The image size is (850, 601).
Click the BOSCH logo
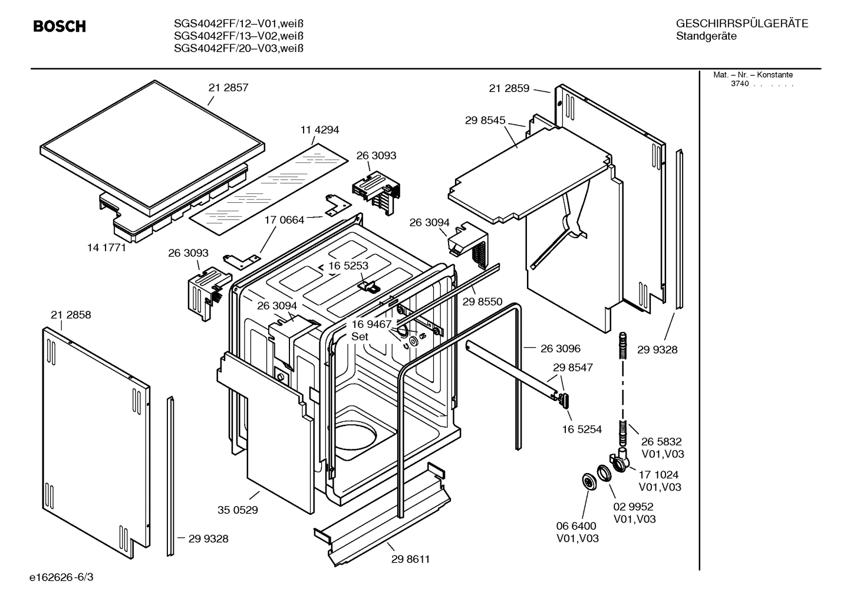(x=60, y=27)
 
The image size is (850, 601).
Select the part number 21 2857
(x=228, y=88)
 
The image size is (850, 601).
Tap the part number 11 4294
(x=319, y=130)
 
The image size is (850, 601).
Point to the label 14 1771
(x=107, y=248)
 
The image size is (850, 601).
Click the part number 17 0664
(x=284, y=220)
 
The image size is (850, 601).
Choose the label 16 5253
(x=348, y=266)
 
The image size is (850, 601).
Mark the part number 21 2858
(x=71, y=315)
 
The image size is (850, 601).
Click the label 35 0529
(x=238, y=510)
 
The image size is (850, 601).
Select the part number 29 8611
(x=410, y=559)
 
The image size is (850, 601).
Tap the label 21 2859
(x=509, y=88)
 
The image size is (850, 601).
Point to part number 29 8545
(x=485, y=120)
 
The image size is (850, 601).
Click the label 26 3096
(x=560, y=349)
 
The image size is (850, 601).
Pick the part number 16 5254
(x=582, y=429)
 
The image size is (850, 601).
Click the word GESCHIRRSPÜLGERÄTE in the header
(x=742, y=24)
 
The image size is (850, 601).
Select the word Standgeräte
(x=706, y=37)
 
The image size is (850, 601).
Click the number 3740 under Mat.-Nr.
(x=739, y=84)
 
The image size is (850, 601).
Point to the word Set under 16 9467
(x=360, y=337)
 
